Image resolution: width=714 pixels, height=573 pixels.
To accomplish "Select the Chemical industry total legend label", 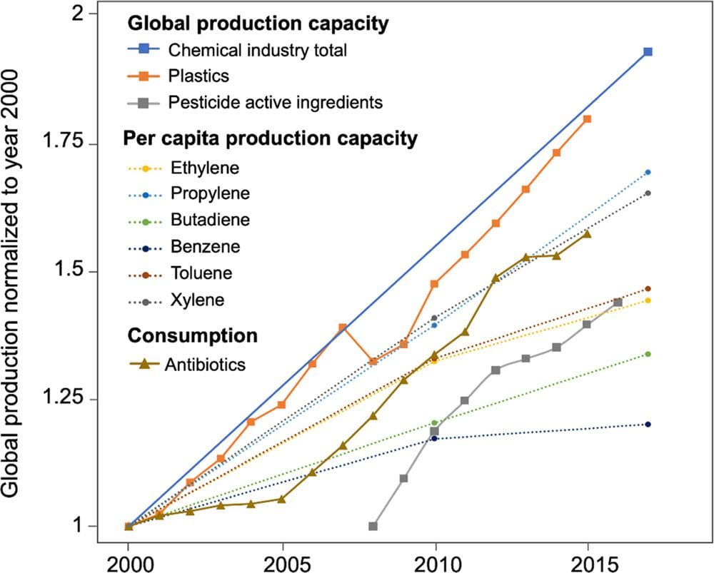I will pos(258,50).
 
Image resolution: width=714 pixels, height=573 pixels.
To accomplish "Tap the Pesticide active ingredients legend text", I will pos(276,102).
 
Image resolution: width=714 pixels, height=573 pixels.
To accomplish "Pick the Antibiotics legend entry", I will pos(205,365).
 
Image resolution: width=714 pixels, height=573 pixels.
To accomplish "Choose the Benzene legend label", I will pos(206,247).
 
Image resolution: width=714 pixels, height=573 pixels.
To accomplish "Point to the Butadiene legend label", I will pos(211,220).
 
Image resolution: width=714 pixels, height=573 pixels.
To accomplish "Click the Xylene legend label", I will pos(198,300).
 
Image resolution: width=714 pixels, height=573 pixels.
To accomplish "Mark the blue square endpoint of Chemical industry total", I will pos(648,52).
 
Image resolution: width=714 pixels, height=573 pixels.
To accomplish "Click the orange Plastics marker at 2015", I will pos(587,119).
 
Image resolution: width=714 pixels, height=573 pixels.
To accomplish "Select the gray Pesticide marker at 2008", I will pos(373,526).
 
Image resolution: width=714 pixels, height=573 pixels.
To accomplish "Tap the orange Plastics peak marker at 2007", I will pos(343,328).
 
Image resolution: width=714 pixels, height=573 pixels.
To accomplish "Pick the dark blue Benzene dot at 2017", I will pos(648,425).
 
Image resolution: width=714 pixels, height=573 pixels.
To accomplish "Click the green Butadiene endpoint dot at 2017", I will pos(648,355).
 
